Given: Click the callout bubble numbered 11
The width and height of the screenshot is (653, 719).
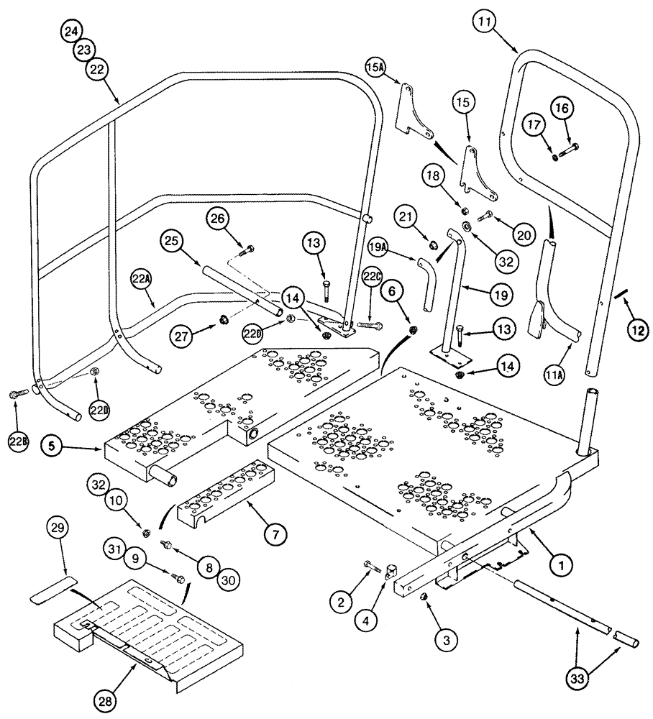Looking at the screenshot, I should point(485,23).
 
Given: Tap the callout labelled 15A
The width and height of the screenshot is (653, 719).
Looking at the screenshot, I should point(377,68).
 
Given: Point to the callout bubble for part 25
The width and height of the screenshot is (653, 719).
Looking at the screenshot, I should point(173,239).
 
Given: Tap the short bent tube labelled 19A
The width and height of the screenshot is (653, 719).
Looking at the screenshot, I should point(426,283).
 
